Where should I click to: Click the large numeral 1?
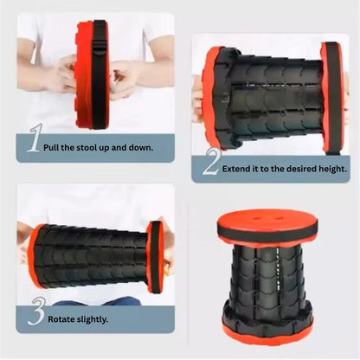pyautogui.click(x=35, y=138)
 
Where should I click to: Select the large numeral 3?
pyautogui.click(x=37, y=312)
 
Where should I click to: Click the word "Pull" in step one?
pyautogui.click(x=51, y=148)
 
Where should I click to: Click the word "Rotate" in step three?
pyautogui.click(x=60, y=319)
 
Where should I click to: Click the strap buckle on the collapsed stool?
pyautogui.click(x=100, y=48)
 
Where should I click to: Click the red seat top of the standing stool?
pyautogui.click(x=267, y=218)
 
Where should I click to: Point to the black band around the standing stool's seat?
pyautogui.click(x=267, y=233)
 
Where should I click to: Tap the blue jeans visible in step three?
pyautogui.click(x=97, y=302)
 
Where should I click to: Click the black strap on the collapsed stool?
pyautogui.click(x=99, y=75)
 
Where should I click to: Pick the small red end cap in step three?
pyautogui.click(x=155, y=257)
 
